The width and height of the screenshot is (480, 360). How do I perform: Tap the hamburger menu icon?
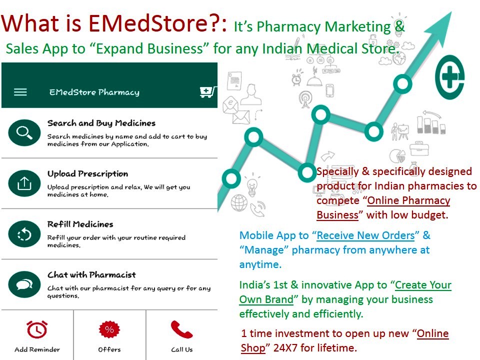click(x=20, y=92)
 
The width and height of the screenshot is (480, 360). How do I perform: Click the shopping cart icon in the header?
click(x=208, y=92)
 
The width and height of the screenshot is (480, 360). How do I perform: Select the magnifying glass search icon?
click(x=24, y=132)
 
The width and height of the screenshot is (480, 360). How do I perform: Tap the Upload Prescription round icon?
click(x=24, y=183)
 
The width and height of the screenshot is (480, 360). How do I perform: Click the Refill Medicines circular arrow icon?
click(x=24, y=234)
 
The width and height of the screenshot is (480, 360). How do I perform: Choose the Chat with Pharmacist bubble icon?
click(x=24, y=284)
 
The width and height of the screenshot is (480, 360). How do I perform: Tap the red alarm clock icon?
click(x=37, y=329)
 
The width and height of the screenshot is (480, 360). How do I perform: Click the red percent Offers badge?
click(x=109, y=329)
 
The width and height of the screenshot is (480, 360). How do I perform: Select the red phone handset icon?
click(x=181, y=329)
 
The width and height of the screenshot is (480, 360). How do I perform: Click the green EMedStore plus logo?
click(x=449, y=77)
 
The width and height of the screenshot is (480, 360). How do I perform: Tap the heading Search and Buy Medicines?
click(x=101, y=123)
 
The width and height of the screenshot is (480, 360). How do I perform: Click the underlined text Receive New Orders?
click(x=365, y=235)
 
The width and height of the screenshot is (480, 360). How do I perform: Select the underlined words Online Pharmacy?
click(x=408, y=200)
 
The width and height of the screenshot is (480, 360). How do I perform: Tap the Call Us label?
click(x=182, y=349)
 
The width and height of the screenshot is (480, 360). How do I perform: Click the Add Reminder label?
click(x=37, y=349)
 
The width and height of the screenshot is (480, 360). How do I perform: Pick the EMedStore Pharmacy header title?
click(x=94, y=92)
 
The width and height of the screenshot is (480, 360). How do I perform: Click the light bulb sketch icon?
click(x=252, y=184)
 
